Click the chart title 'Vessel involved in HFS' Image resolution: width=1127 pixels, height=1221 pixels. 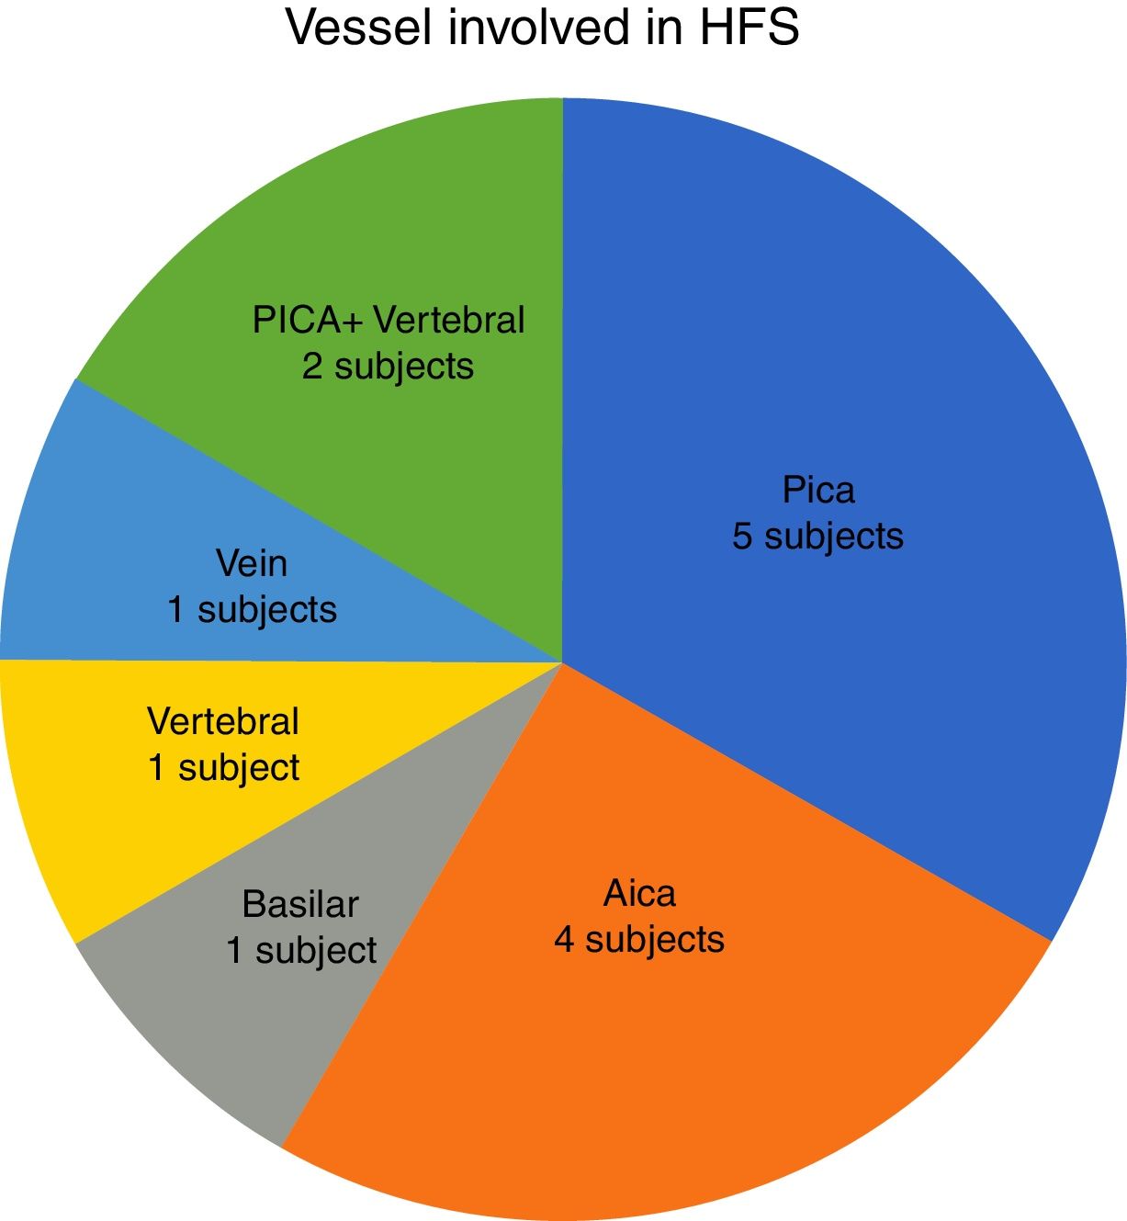click(542, 28)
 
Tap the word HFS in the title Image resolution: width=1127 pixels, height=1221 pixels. click(749, 28)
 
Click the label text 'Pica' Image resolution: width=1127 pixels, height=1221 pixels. click(817, 490)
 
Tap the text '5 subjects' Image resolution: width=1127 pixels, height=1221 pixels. click(817, 536)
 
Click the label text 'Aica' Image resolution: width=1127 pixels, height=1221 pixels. click(639, 893)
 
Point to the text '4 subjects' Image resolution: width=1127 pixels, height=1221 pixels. click(639, 939)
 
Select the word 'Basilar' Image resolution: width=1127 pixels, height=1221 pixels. click(300, 905)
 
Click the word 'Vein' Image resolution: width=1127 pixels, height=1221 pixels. click(252, 563)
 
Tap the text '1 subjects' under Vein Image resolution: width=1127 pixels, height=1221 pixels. click(252, 609)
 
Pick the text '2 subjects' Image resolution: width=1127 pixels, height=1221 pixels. click(388, 366)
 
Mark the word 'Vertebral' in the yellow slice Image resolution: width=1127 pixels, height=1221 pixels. click(223, 721)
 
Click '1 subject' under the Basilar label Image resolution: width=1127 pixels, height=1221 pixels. click(300, 950)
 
